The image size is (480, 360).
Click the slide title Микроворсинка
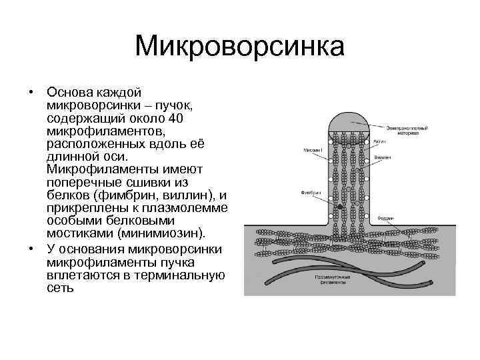[x=239, y=47]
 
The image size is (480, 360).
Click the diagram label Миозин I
[x=313, y=151]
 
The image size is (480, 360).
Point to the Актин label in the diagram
[x=379, y=141]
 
